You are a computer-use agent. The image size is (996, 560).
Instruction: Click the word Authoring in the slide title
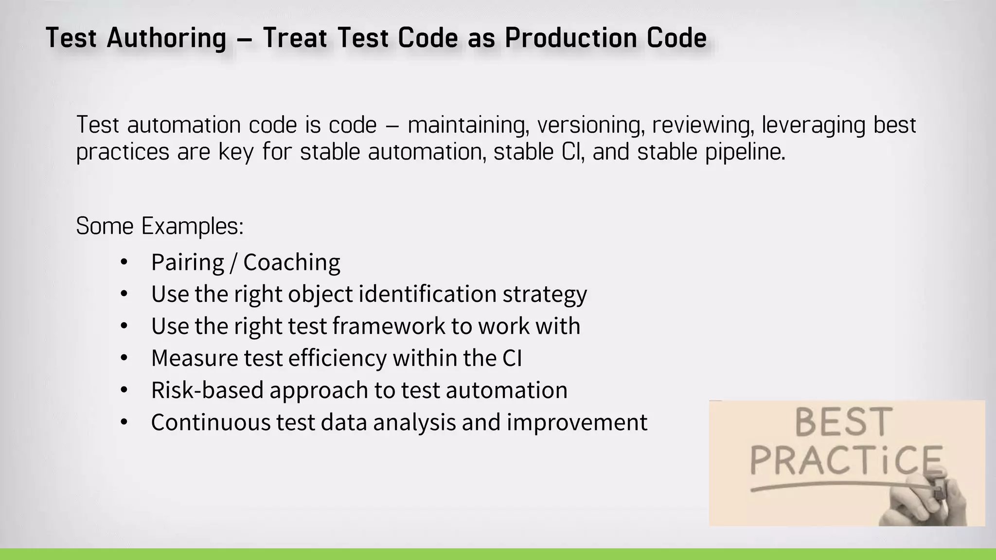pos(166,38)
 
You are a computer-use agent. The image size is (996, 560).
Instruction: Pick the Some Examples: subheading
pos(160,226)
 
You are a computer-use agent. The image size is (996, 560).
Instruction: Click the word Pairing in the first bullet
pos(187,262)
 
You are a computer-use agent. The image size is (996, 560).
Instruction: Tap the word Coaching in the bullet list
pos(291,262)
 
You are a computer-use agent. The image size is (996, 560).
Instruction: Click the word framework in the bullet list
pos(389,326)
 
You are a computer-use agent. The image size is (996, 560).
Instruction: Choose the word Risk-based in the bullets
pos(207,390)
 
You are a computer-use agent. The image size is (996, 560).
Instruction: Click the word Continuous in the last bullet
pos(210,422)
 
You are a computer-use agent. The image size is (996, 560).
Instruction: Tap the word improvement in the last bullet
pos(577,422)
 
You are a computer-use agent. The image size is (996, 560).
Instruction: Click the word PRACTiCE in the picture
pos(846,460)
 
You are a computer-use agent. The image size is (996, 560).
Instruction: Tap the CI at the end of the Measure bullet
pos(512,358)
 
